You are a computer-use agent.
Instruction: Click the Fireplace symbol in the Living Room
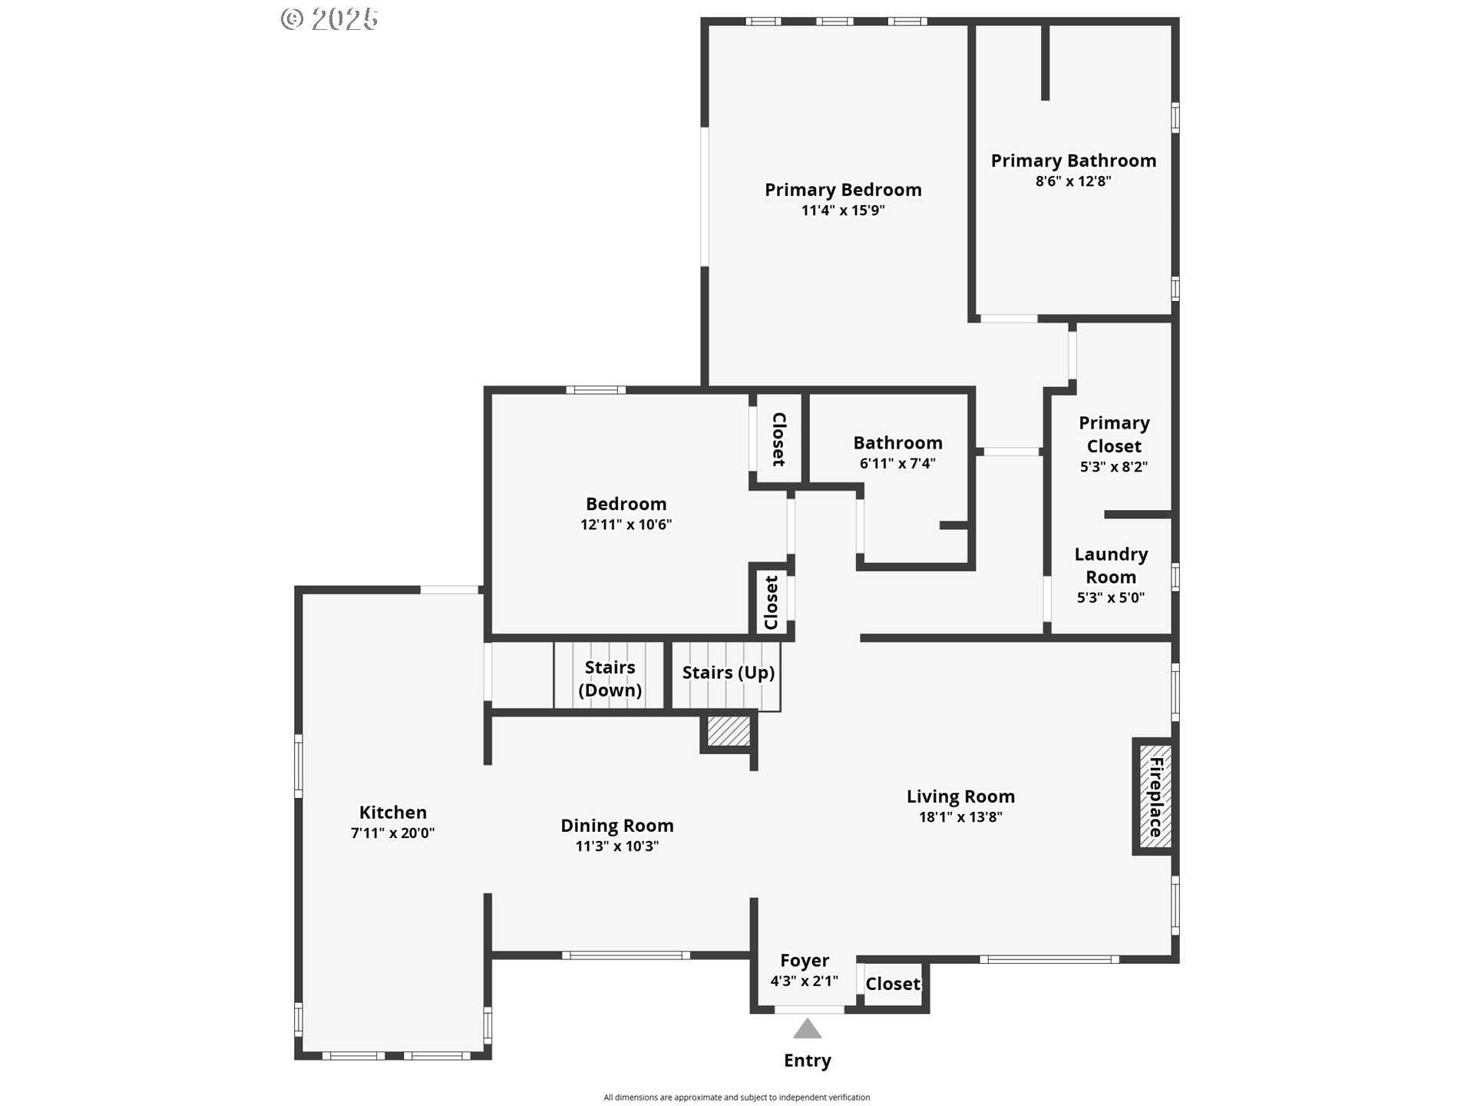(x=1154, y=796)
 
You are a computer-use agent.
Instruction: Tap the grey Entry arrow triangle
(x=807, y=1029)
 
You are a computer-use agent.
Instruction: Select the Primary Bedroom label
(x=843, y=190)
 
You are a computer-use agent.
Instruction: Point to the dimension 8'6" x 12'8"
(x=1073, y=181)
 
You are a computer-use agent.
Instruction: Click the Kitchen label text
(x=392, y=812)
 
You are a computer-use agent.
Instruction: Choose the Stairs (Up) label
(x=728, y=673)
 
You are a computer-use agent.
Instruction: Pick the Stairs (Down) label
(x=610, y=678)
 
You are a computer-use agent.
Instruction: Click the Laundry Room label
(x=1111, y=565)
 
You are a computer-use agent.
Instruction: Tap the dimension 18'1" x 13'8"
(x=960, y=817)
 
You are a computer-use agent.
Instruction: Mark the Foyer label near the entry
(x=805, y=960)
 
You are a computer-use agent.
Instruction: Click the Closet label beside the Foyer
(x=893, y=984)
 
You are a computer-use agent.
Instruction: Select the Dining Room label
(x=617, y=826)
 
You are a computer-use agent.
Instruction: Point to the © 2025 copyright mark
(x=329, y=19)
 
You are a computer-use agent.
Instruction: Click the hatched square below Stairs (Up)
(x=728, y=731)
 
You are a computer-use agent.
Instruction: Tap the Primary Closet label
(x=1114, y=434)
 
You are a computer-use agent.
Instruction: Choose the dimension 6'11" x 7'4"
(x=897, y=463)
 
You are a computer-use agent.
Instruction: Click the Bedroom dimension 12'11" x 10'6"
(x=626, y=525)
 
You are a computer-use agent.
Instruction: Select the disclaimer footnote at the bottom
(x=736, y=1098)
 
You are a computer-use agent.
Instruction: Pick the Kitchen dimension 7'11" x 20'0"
(x=392, y=833)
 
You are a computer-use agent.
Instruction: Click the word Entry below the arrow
(x=807, y=1061)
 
